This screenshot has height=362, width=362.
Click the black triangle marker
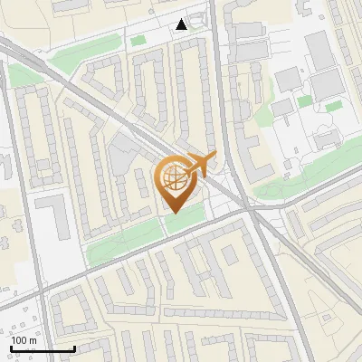pos(183,24)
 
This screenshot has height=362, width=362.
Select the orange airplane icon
pos(200,164)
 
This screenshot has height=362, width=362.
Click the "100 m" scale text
pos(24,339)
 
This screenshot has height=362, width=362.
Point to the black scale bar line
pos(43,348)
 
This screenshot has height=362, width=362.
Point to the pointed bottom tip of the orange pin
pos(173,214)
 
